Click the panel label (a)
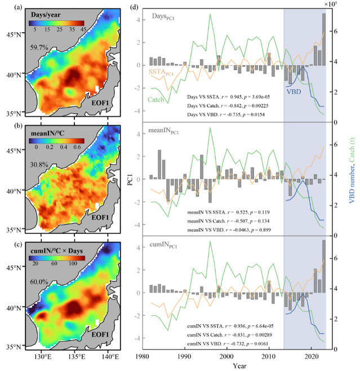coord(7,8)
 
